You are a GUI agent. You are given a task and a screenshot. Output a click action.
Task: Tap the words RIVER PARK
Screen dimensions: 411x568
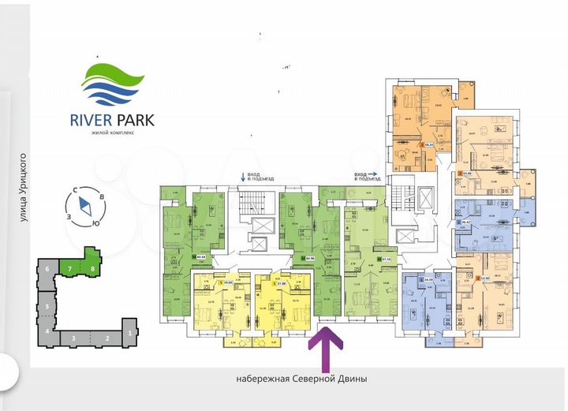(x=112, y=120)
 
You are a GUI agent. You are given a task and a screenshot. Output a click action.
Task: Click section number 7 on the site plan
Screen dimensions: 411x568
(x=70, y=269)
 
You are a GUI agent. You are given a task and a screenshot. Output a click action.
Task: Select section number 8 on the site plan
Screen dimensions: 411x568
(x=93, y=269)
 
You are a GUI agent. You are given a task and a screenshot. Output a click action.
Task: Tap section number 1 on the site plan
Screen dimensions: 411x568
(x=129, y=334)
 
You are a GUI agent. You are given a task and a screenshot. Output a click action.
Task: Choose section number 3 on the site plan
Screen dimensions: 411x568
(x=73, y=338)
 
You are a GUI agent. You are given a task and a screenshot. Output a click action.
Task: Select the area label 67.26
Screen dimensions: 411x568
(x=386, y=258)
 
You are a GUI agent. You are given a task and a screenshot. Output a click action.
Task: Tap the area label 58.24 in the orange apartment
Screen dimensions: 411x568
(x=430, y=145)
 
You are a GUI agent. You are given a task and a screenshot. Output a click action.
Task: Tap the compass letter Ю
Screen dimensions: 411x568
(x=95, y=223)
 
